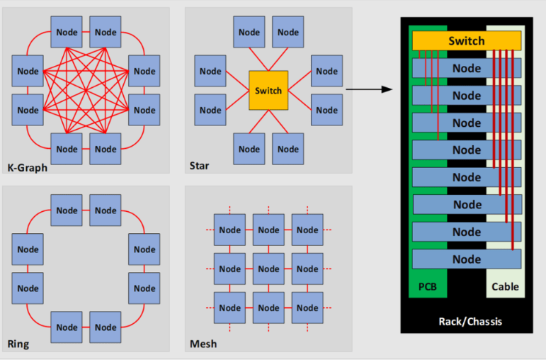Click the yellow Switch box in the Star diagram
tap(268, 91)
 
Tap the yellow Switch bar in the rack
tap(466, 41)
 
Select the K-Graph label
tap(28, 167)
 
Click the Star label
tap(198, 167)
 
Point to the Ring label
tap(18, 344)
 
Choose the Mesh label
tap(203, 344)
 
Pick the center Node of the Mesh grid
tap(269, 269)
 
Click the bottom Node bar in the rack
tap(467, 259)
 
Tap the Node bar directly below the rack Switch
tap(467, 68)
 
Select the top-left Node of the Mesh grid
tap(230, 230)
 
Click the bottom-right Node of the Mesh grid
tap(308, 308)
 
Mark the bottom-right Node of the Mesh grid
tap(308, 308)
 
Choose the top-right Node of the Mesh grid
tap(308, 230)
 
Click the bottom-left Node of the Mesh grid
tap(230, 308)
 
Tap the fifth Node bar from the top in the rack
tap(467, 177)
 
